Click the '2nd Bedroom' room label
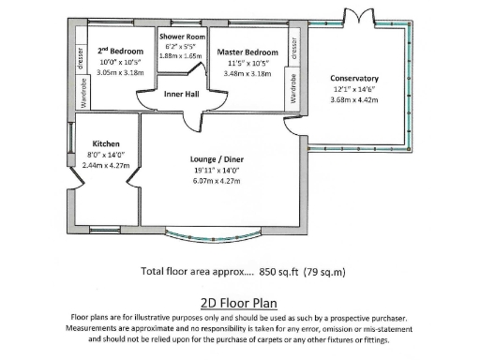[x=121, y=50]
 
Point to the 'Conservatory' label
[x=354, y=79]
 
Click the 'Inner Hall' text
[x=181, y=94]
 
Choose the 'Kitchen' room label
[x=105, y=143]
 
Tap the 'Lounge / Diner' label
[x=217, y=159]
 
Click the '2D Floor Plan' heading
[x=239, y=304]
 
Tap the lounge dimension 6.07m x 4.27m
[x=217, y=180]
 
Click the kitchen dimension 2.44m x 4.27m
[x=106, y=165]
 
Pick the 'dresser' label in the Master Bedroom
[x=294, y=46]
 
